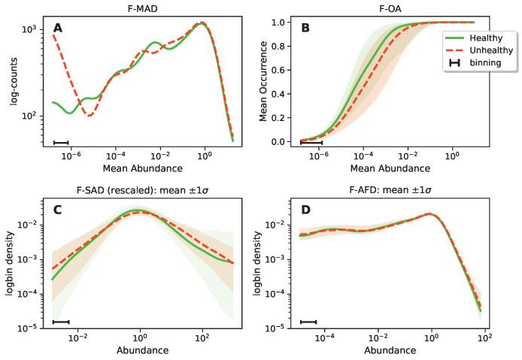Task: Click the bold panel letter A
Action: pyautogui.click(x=57, y=29)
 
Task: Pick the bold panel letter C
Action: pyautogui.click(x=57, y=210)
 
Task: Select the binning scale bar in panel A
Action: pyautogui.click(x=61, y=142)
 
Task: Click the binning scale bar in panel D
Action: pyautogui.click(x=308, y=322)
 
